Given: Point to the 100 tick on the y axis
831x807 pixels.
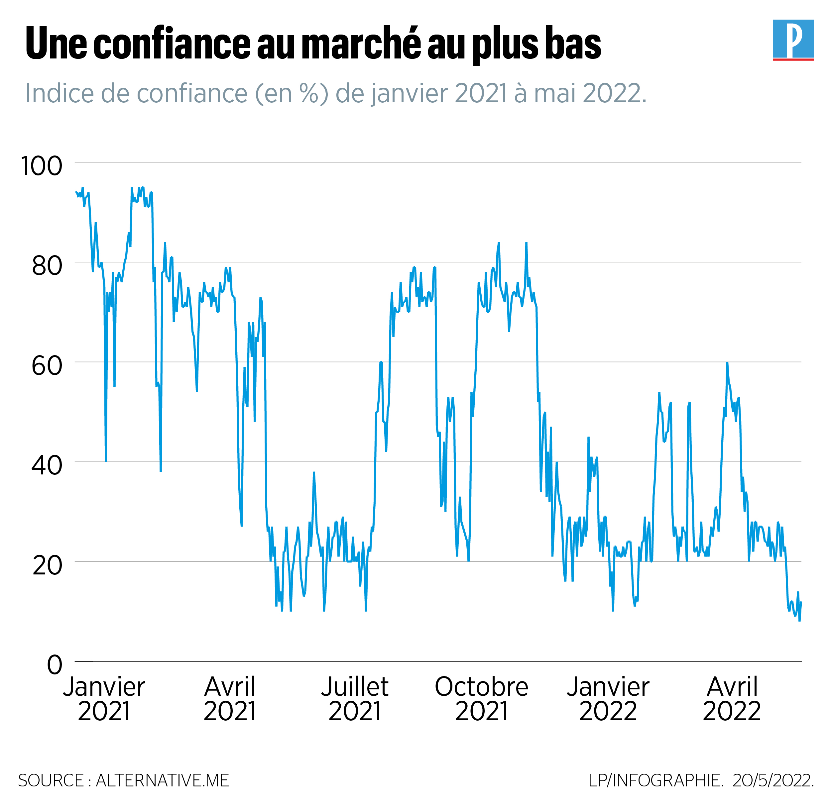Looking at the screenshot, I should pos(42,166).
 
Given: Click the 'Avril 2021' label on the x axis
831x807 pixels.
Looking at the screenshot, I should pos(229,699).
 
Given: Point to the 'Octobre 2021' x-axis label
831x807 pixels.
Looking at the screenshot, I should pos(481,699).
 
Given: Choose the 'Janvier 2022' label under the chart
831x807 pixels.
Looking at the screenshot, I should pos(608,699).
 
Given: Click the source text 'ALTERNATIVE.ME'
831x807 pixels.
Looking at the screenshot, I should pos(163,780).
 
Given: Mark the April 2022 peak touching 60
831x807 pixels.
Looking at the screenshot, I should pos(727,363).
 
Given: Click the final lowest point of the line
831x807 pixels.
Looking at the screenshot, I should pos(799,621).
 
